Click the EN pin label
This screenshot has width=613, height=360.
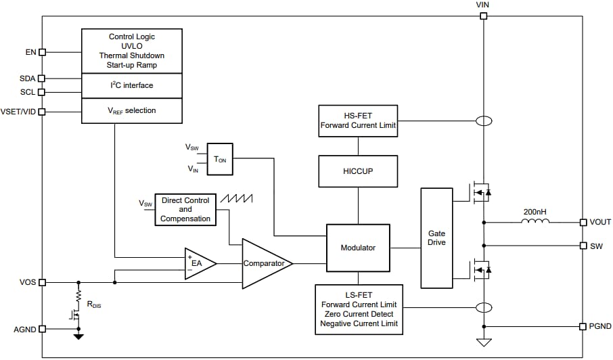(30, 51)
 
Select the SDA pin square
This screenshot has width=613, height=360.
(42, 78)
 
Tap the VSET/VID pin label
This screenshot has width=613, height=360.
(19, 111)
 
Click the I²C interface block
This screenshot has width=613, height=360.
(132, 85)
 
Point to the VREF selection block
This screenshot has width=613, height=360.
(132, 110)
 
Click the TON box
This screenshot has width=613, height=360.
(220, 159)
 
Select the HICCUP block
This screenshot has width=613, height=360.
(357, 171)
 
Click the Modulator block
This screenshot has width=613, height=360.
(358, 248)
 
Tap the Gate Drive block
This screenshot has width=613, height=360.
(437, 238)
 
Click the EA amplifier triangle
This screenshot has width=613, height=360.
(198, 263)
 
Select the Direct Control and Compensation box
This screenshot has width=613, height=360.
(185, 209)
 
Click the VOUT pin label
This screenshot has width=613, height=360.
(600, 222)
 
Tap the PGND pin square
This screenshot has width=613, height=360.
(583, 326)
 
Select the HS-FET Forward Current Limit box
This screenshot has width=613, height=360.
(357, 120)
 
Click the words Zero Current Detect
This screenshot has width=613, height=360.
(359, 314)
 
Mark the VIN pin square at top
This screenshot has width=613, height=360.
(483, 16)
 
